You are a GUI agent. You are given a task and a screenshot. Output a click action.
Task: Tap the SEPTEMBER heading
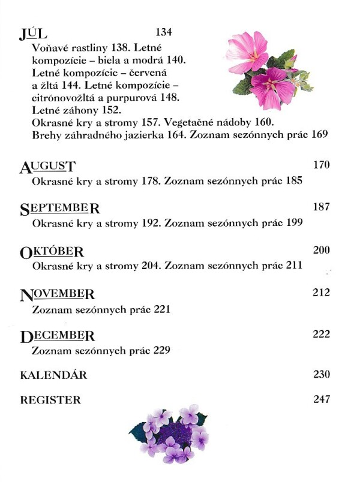pos(59,209)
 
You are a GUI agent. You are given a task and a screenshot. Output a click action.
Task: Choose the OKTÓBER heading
pos(52,251)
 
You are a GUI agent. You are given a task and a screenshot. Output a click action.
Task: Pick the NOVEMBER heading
pos(57,294)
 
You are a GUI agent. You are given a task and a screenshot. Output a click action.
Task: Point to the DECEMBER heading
pos(57,336)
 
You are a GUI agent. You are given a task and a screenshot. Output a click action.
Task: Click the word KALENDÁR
pos(53,375)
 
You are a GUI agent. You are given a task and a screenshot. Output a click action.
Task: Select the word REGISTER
pos(50,400)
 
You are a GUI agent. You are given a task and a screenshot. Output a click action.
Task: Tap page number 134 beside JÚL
pos(163,32)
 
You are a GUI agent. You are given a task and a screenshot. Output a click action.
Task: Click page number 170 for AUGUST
pos(322,165)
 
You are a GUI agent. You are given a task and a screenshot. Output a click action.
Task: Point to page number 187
pos(322,207)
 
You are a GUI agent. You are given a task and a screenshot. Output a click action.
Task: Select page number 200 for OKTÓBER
pos(322,249)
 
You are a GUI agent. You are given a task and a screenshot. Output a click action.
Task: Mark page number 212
pos(322,293)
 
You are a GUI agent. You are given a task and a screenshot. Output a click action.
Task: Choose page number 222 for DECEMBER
pos(322,334)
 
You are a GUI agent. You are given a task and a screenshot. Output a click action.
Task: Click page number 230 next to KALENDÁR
pos(322,375)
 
